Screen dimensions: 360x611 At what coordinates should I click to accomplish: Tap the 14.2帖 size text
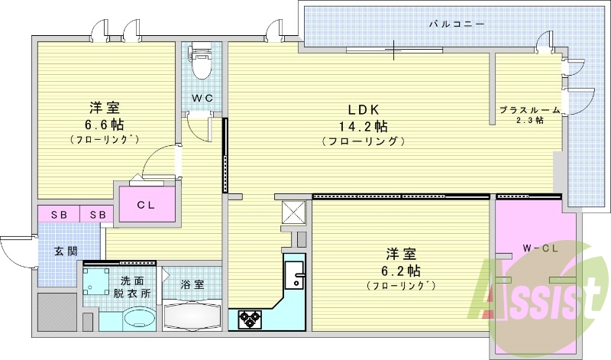tap(362, 125)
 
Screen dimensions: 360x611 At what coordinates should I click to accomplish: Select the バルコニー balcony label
tap(456, 24)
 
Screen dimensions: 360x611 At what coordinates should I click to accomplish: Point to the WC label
tap(202, 98)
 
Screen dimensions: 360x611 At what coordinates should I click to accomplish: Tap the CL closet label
tap(147, 205)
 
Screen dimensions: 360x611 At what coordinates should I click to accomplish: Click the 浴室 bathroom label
tap(192, 284)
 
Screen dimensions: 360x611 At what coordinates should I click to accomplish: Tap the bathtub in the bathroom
tap(193, 315)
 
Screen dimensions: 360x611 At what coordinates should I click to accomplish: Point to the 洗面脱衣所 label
tap(132, 287)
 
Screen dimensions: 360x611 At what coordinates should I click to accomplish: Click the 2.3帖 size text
tap(529, 120)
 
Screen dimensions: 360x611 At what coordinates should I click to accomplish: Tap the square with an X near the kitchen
tap(293, 212)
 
